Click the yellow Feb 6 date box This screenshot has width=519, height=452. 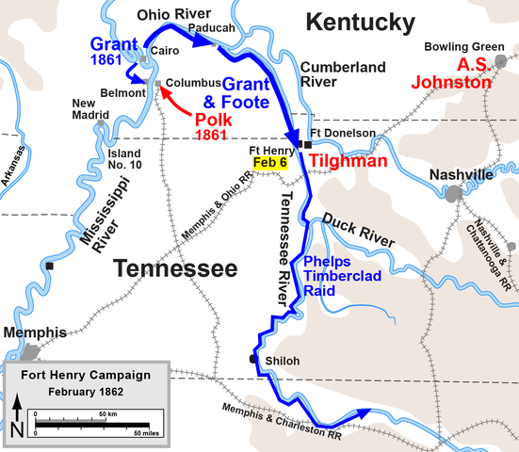point(269,162)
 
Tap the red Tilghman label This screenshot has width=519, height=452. point(349,161)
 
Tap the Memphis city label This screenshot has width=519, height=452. point(35,332)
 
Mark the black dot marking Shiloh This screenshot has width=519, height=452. point(252,359)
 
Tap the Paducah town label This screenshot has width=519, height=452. point(212,27)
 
